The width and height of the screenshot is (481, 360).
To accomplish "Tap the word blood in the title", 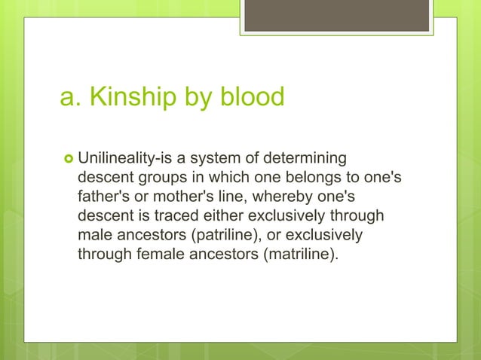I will click(253, 97).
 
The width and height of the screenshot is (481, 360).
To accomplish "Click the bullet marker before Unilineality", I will click(66, 160).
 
